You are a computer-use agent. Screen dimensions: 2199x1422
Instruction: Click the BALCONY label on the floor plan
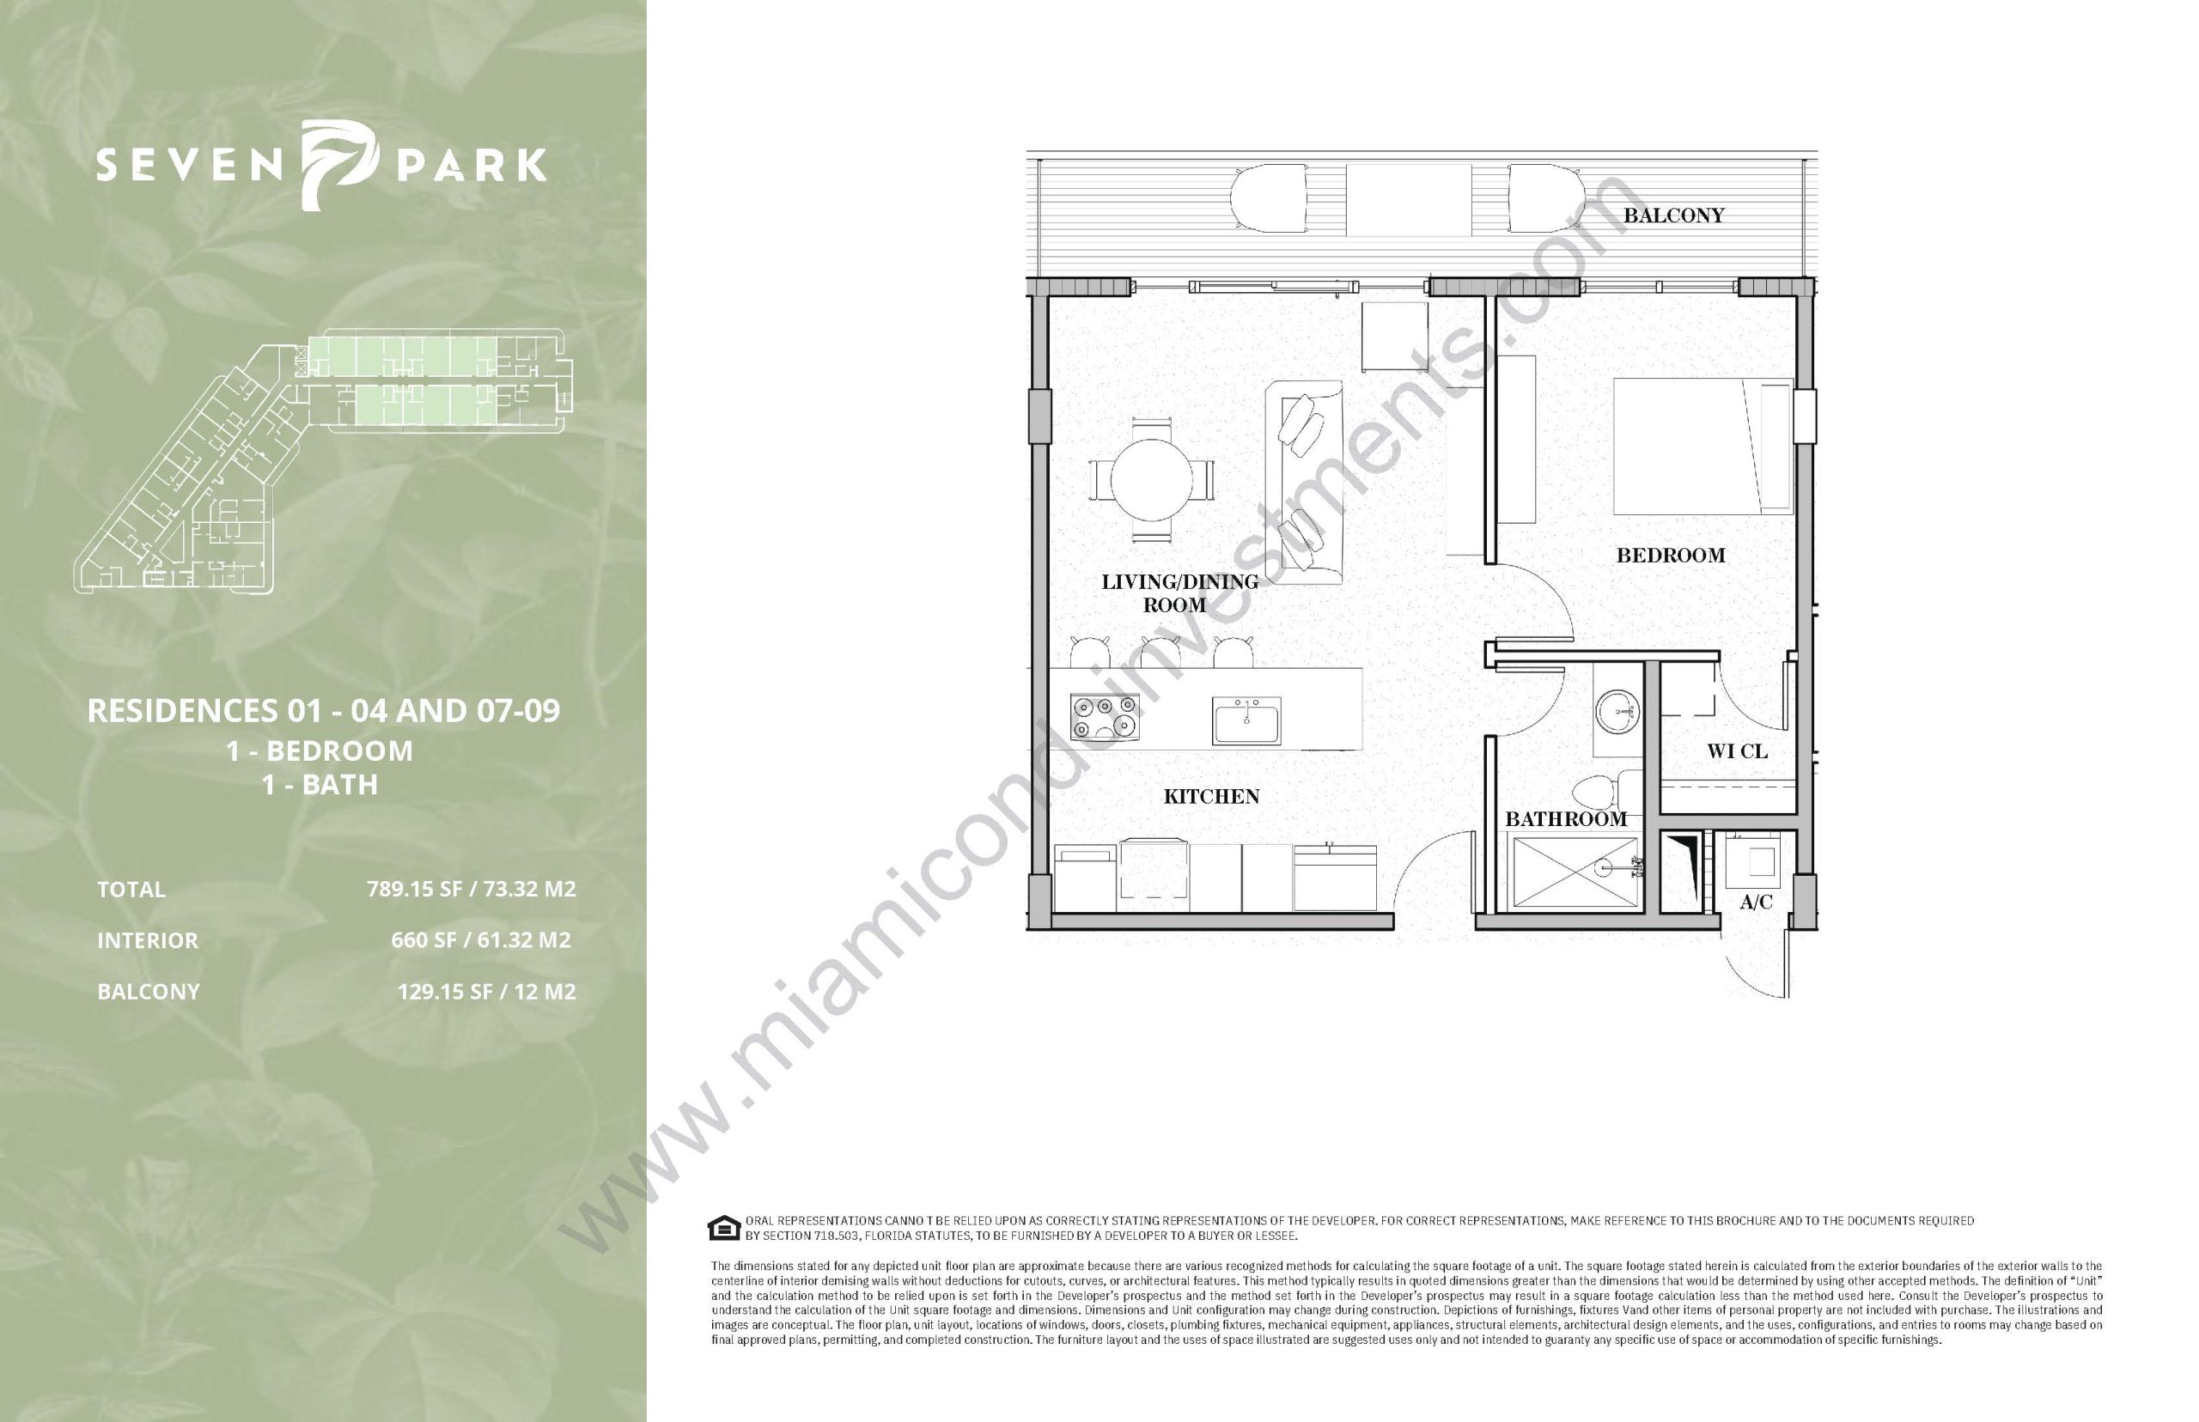pos(1673,216)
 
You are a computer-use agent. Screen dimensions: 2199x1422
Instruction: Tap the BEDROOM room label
pos(1670,555)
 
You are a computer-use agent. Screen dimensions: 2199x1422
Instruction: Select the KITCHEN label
pos(1211,796)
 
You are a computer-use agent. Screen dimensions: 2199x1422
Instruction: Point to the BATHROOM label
pos(1565,819)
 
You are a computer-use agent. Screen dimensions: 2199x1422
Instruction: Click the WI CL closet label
pos(1737,751)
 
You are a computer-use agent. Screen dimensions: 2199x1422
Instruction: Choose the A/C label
pos(1756,902)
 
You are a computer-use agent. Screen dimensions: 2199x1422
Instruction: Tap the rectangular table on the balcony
pos(1405,199)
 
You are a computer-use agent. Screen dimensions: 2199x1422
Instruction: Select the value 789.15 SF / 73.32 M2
pos(471,890)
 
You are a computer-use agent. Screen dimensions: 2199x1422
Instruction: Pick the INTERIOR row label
pos(148,940)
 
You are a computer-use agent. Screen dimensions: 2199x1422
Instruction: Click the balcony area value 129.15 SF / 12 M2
pos(487,992)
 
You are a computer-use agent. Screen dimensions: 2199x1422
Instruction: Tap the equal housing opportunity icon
pos(722,1228)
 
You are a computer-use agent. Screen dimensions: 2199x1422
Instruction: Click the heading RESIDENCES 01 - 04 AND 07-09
pos(323,710)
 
